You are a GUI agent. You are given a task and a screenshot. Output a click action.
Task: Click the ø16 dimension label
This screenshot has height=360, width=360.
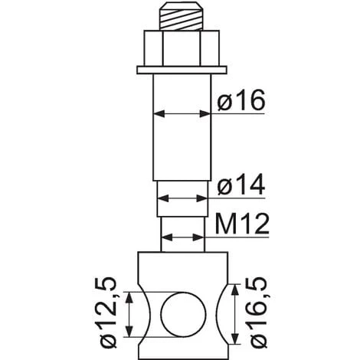(241, 100)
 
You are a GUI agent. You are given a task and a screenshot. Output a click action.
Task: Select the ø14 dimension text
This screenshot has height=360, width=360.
(241, 185)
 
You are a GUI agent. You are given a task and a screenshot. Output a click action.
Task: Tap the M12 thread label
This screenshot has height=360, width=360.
(242, 224)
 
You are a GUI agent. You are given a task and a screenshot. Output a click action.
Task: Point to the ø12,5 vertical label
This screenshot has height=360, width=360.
(108, 312)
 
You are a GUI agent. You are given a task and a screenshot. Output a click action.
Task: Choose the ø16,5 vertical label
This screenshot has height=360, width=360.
(258, 313)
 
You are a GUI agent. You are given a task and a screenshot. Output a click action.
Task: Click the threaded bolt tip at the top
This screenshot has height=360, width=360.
(182, 16)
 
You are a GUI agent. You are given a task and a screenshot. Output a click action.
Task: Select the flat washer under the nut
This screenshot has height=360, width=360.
(182, 70)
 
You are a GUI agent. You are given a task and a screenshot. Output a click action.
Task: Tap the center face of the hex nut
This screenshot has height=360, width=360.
(182, 48)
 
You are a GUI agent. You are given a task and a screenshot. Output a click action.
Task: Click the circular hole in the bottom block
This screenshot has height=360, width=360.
(183, 315)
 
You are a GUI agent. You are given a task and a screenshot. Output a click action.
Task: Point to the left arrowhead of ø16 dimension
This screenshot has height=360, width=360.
(159, 114)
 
